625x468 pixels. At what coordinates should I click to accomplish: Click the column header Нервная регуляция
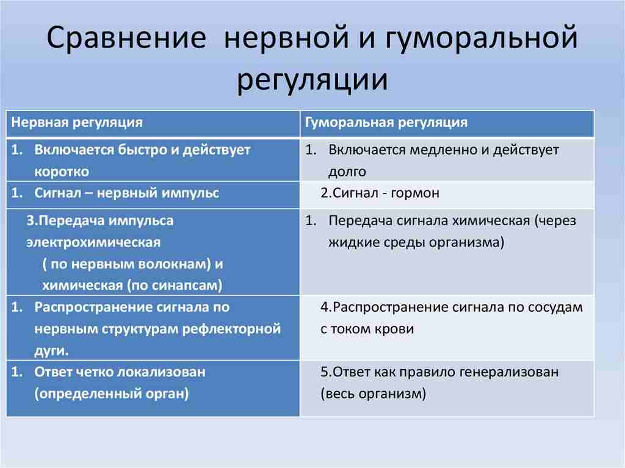(x=77, y=122)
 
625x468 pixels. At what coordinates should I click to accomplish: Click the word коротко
(x=62, y=171)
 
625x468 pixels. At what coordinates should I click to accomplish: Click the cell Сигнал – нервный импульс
(x=127, y=193)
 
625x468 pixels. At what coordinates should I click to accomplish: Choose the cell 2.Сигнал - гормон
(x=380, y=193)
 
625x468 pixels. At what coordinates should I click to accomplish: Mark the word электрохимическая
(x=93, y=242)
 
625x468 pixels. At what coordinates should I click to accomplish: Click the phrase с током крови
(x=367, y=329)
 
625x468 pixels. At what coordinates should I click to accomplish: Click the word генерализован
(x=510, y=372)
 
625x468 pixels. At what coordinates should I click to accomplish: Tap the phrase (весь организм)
(x=372, y=394)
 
